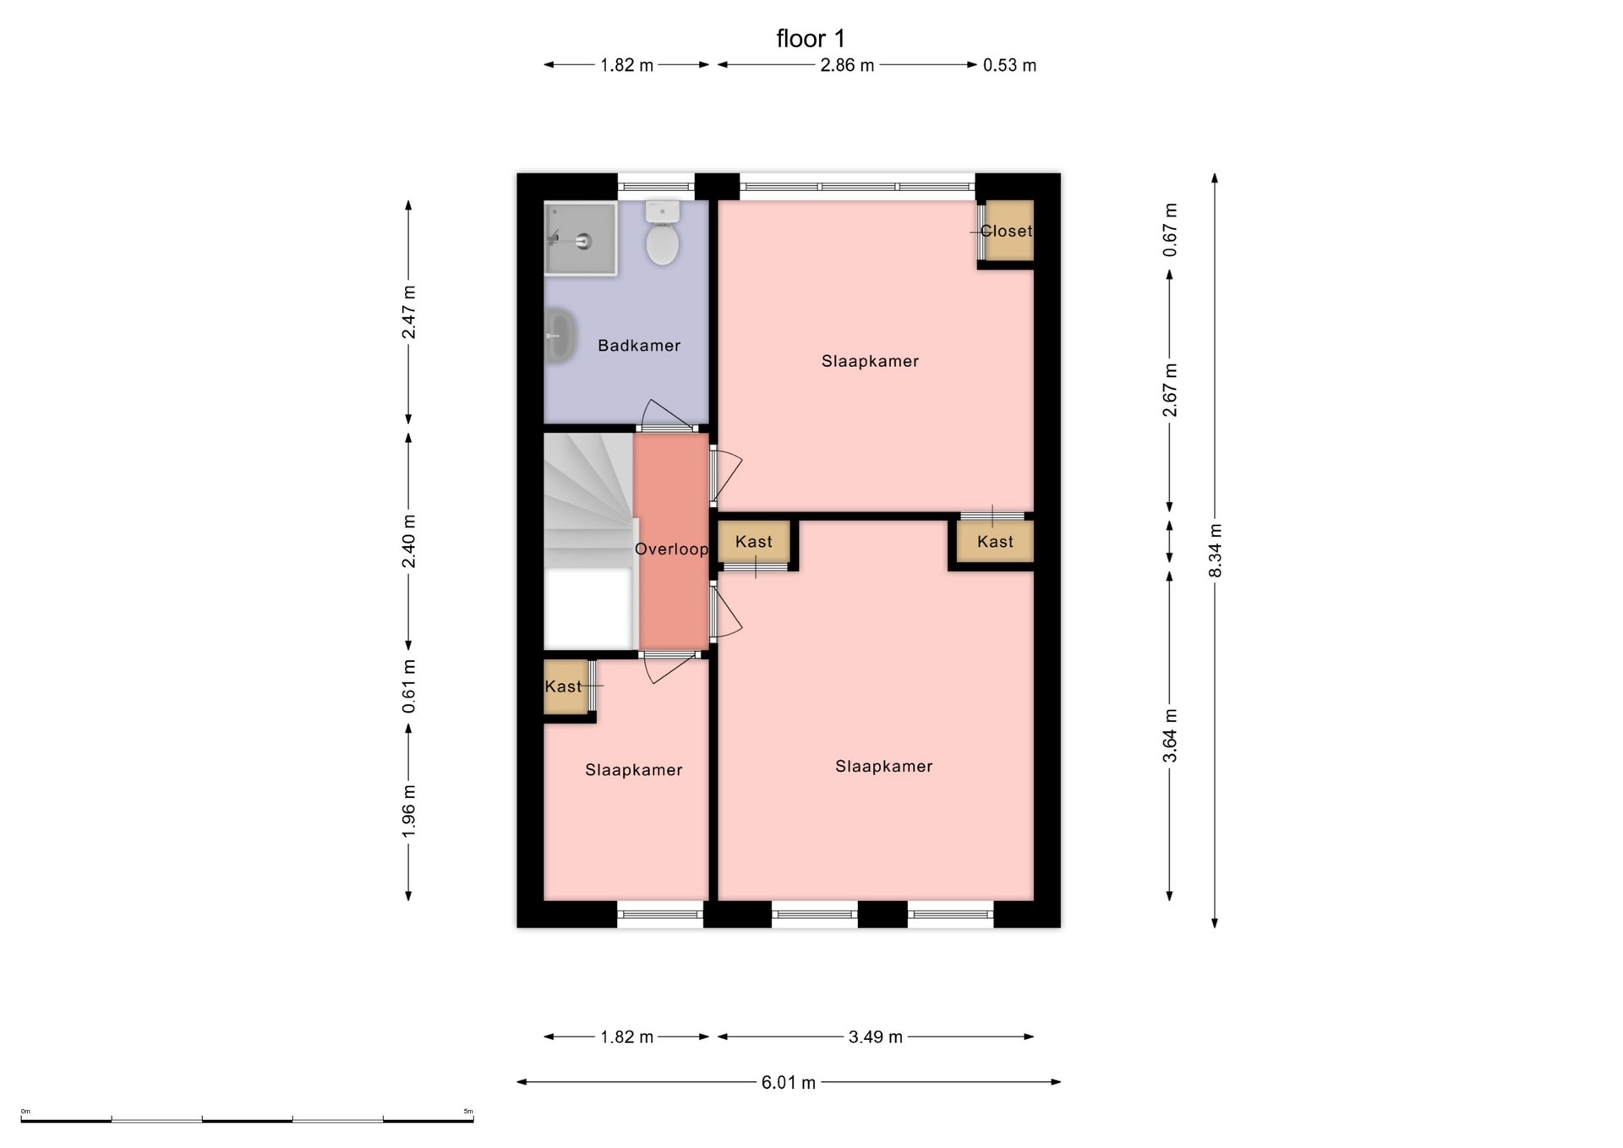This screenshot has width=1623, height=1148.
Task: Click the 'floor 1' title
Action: [811, 39]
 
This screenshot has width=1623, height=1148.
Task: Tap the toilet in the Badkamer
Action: [663, 232]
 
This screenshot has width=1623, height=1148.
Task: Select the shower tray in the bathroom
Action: [580, 238]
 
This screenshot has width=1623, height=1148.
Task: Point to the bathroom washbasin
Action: [560, 336]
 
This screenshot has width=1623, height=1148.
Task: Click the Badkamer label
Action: [639, 345]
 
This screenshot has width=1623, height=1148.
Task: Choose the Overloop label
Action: [671, 549]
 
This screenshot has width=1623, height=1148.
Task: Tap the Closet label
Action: [1006, 231]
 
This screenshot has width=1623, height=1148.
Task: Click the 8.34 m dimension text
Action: [1216, 550]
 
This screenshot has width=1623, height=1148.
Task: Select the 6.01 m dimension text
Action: [789, 1082]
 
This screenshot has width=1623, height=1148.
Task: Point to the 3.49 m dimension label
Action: [876, 1036]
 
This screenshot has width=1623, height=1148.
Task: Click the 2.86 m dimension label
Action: [847, 65]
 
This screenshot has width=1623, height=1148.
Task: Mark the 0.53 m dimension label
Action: [1009, 65]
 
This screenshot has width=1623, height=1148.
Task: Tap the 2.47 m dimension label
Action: [409, 312]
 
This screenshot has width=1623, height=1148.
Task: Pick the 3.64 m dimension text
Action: [1170, 735]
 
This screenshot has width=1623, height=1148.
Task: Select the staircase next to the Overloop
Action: [588, 541]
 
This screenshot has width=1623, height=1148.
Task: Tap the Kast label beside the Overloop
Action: [754, 541]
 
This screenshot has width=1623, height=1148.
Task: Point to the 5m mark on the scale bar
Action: [468, 1112]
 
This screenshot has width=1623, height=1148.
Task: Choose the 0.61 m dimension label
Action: [409, 686]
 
